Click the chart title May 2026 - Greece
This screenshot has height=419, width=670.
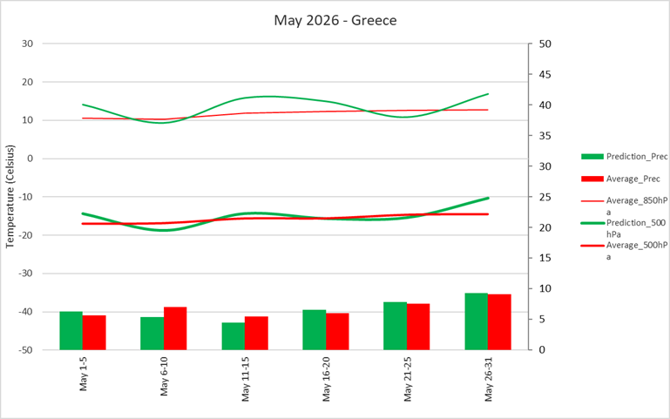tap(335, 19)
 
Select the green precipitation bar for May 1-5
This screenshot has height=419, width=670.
tap(71, 330)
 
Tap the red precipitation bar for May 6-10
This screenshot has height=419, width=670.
tap(175, 328)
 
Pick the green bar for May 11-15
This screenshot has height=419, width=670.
tap(233, 336)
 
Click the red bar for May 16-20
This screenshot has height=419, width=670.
tap(337, 331)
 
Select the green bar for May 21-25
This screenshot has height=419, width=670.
tap(395, 326)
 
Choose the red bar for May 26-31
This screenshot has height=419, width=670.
tap(499, 321)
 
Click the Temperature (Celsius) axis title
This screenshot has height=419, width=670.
tap(11, 196)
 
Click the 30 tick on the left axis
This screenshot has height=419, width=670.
tap(27, 44)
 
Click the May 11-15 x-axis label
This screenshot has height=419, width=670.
tap(245, 377)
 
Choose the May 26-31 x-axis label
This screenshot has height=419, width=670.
tap(488, 377)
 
